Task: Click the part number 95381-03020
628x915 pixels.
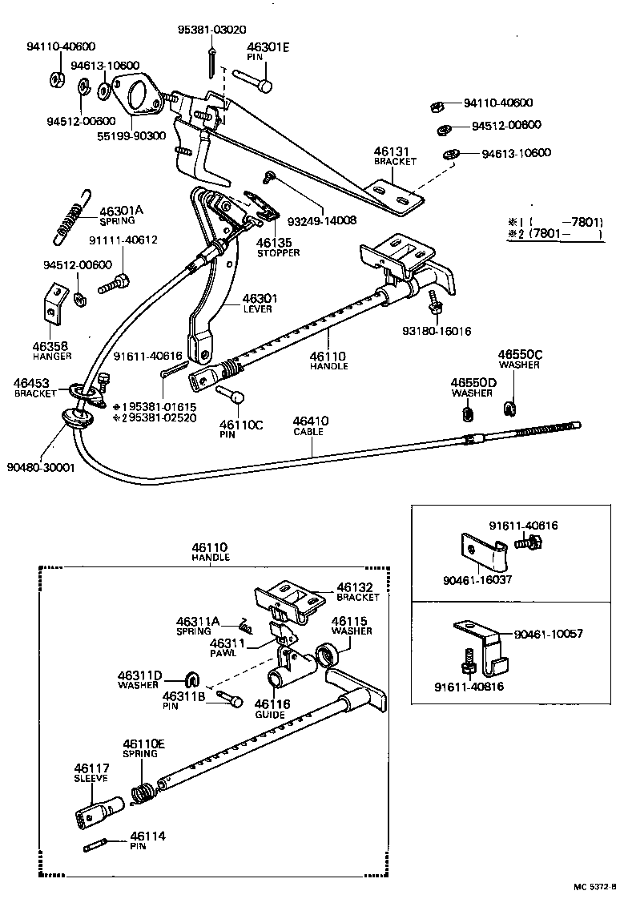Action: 211,30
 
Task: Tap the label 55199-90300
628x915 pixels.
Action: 132,135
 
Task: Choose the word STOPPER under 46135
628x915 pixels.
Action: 278,253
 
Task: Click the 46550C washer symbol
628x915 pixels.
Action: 509,409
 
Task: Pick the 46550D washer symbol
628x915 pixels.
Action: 469,413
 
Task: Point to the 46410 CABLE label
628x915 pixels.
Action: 310,425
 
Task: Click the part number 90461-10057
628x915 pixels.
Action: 549,633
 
